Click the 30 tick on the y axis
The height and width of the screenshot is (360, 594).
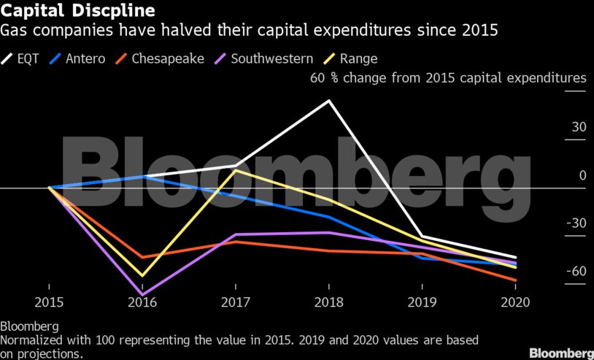579,127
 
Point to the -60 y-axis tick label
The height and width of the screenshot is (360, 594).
576,272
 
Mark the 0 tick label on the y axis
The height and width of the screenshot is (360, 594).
582,175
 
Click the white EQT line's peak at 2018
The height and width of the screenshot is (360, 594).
328,100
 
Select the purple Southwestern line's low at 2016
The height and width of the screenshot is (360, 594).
141,294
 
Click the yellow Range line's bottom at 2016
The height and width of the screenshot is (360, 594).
141,276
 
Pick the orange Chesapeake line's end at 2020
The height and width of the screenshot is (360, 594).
516,280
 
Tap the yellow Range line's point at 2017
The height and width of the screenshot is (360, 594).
234,170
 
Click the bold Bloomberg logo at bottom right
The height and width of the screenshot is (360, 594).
560,353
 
